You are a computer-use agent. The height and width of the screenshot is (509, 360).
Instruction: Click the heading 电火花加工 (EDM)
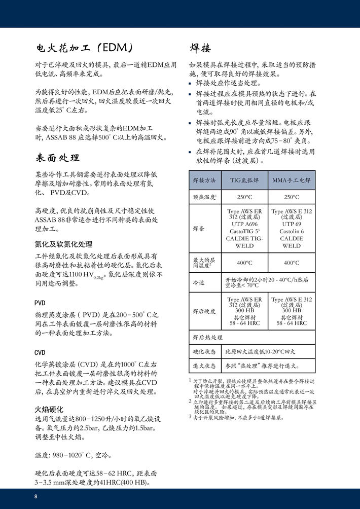84,48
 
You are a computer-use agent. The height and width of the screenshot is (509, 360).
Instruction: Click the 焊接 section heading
200,48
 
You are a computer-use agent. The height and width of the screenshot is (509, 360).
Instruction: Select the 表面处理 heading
57,157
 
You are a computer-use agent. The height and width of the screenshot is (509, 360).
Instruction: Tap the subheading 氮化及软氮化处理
63,244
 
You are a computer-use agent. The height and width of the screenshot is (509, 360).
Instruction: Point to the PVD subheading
40,303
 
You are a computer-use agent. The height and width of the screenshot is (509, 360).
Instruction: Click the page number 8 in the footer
36,496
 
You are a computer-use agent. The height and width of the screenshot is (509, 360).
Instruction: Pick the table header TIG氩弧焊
245,180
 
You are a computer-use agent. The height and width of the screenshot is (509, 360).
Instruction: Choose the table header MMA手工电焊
292,180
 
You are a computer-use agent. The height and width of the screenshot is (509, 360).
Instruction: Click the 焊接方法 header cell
204,180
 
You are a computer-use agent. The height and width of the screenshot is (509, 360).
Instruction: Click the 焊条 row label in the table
198,229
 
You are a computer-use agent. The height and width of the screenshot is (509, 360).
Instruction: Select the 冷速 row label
198,282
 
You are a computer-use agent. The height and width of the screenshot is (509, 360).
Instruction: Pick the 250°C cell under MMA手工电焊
292,197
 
